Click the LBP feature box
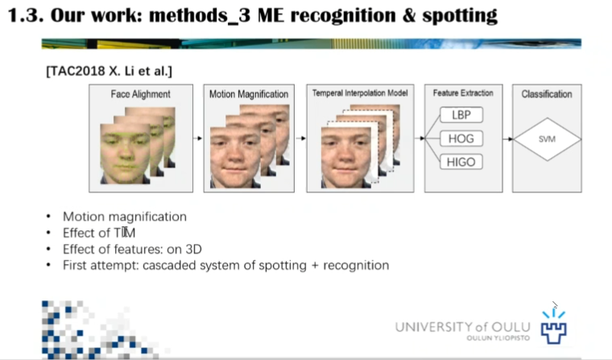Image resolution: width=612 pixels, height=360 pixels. (x=461, y=115)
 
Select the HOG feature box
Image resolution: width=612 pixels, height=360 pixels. (x=461, y=139)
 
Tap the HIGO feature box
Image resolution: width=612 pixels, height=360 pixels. (x=461, y=162)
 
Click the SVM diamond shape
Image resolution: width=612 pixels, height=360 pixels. (x=546, y=139)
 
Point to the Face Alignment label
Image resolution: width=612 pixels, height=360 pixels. (x=141, y=94)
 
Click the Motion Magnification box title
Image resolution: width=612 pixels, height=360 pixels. (x=249, y=94)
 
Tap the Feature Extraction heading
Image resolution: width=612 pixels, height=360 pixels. (x=463, y=93)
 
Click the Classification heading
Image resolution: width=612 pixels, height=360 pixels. (x=547, y=94)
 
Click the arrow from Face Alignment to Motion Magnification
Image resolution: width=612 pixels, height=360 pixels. (x=196, y=139)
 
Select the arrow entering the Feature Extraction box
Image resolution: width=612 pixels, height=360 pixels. (x=420, y=139)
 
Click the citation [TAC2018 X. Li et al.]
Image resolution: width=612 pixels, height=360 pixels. (x=110, y=71)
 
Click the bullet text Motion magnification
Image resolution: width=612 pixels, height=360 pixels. (x=125, y=217)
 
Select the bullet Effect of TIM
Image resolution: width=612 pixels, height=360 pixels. (x=93, y=233)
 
